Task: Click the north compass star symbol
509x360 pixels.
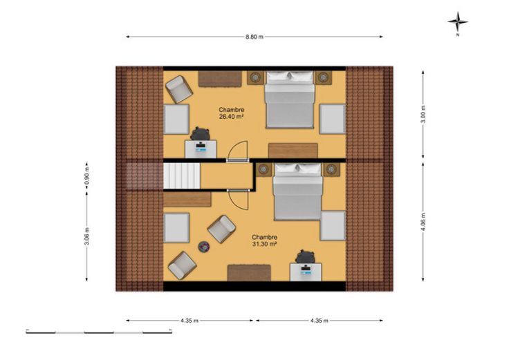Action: (458, 21)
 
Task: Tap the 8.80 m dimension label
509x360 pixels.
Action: (254, 37)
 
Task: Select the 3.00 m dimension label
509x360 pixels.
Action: (423, 115)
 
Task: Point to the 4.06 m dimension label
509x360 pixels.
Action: (423, 222)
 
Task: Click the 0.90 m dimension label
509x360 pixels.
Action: (86, 176)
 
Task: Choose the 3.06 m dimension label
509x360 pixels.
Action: (86, 236)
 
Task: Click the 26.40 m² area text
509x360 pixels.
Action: (232, 117)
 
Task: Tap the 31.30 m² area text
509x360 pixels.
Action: (264, 244)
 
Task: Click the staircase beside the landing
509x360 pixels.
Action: (182, 176)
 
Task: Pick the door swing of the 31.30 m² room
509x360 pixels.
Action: (239, 200)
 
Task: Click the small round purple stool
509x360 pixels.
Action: (204, 247)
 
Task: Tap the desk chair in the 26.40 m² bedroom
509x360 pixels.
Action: (201, 134)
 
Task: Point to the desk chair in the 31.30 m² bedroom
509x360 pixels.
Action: (306, 257)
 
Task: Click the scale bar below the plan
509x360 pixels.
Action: (99, 332)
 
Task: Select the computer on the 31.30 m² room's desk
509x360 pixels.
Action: (306, 270)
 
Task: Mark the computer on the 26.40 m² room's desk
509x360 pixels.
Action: (201, 147)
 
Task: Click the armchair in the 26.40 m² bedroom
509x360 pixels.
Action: (178, 89)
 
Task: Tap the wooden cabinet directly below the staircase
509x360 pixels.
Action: (187, 199)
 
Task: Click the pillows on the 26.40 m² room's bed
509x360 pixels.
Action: (290, 76)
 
